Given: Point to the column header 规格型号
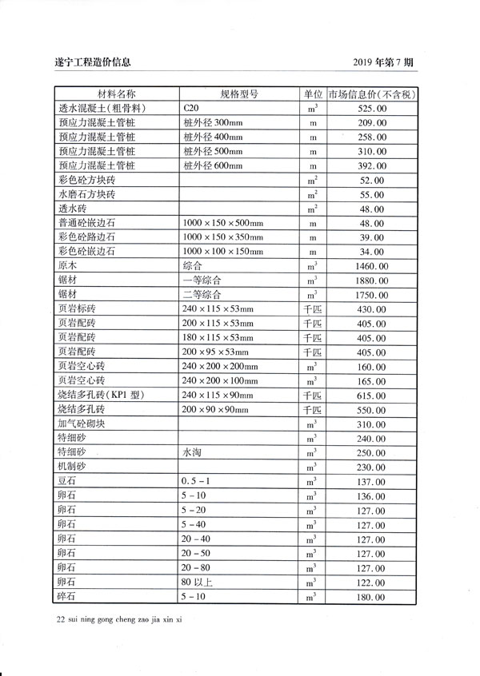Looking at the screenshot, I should point(238,93).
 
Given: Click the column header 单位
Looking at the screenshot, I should point(312,93).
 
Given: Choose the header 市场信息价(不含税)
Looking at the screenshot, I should point(372,93).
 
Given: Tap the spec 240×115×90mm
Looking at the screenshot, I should point(218,395).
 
